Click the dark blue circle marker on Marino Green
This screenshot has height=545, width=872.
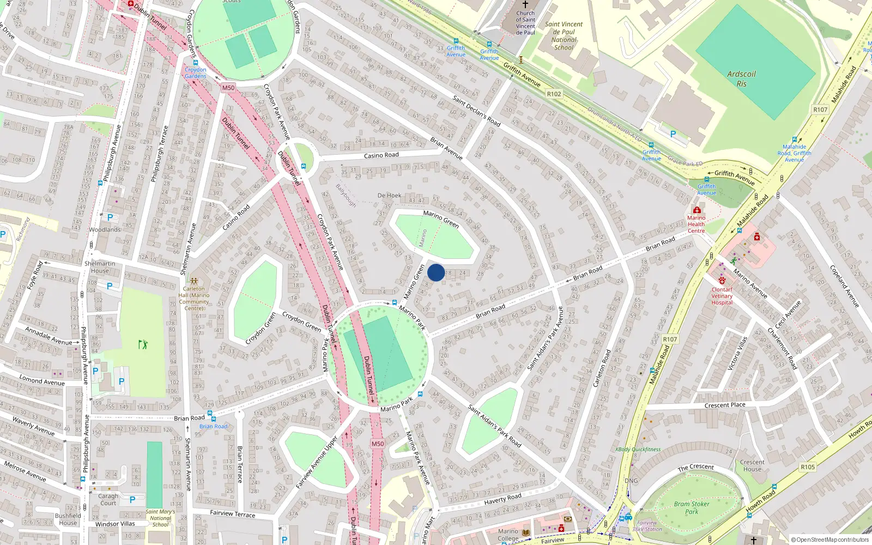(436, 272)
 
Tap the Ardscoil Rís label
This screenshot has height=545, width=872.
(741, 79)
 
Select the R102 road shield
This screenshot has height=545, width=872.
(554, 94)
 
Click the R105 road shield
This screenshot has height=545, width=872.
(808, 467)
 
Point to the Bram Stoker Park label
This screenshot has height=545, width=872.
(692, 507)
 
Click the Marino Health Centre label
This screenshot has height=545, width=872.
(696, 224)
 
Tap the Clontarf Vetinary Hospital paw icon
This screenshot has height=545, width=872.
(722, 281)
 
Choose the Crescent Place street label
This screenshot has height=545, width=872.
(725, 405)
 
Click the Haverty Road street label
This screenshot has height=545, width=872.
(502, 498)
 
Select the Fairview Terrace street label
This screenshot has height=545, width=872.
(233, 513)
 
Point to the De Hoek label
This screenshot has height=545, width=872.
(389, 195)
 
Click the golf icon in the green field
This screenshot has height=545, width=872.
(143, 344)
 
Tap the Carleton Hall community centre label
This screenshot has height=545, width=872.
(194, 298)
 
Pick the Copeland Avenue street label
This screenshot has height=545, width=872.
(844, 286)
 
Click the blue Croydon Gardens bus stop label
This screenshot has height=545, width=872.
(195, 72)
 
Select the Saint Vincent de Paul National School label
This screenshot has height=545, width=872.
(564, 36)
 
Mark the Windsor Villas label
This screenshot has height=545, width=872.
(115, 524)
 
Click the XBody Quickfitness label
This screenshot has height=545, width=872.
(638, 450)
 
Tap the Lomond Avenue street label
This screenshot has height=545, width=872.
(42, 380)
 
